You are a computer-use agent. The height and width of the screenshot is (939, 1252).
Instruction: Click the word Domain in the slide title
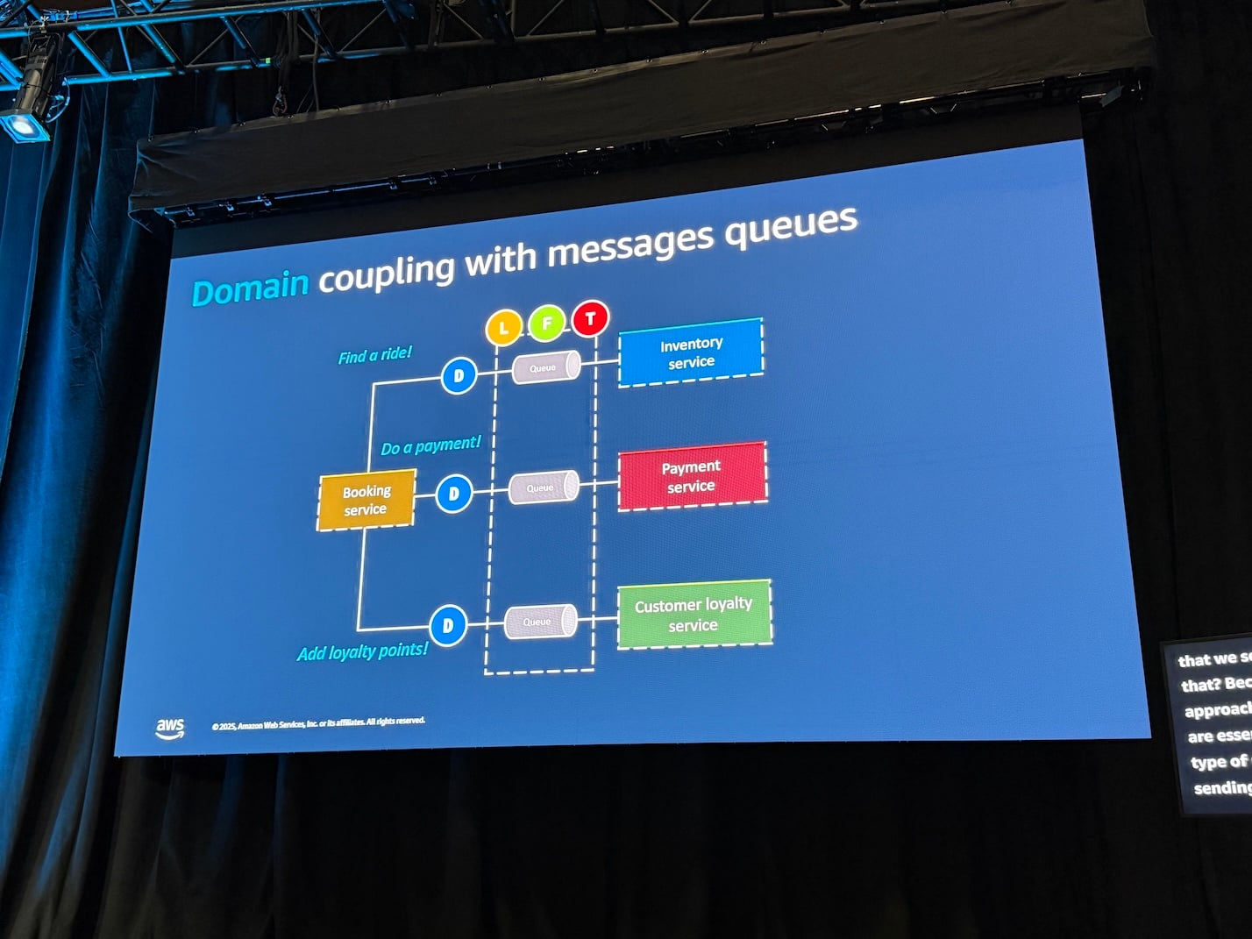[x=250, y=287]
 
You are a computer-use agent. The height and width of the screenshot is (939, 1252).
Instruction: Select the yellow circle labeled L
[x=503, y=328]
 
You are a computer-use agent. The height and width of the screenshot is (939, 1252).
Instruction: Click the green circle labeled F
[x=546, y=324]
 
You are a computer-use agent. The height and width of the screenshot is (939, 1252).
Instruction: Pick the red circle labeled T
[x=590, y=318]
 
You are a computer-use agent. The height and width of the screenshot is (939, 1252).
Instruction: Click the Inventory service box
[x=691, y=352]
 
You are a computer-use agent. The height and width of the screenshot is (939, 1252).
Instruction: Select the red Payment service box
[x=692, y=476]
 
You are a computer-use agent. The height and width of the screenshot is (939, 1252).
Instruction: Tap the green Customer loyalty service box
[x=694, y=615]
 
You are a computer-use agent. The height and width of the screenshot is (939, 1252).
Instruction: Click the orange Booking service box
[x=366, y=501]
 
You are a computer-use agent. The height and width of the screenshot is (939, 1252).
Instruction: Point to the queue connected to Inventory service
[x=545, y=367]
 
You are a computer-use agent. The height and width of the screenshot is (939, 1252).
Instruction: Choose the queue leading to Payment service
[x=543, y=487]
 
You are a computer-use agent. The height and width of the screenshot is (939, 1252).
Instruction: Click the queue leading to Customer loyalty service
[x=540, y=622]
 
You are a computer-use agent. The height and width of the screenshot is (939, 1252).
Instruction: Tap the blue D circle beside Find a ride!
[x=458, y=376]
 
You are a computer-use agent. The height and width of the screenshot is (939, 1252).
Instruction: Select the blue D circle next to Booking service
[x=453, y=494]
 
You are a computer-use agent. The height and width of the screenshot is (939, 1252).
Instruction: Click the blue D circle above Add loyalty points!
[x=448, y=625]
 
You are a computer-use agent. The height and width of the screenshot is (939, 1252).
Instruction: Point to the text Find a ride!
[x=374, y=355]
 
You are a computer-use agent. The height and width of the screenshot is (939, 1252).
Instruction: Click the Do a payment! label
[x=430, y=445]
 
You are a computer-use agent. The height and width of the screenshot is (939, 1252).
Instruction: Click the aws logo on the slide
[x=170, y=728]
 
